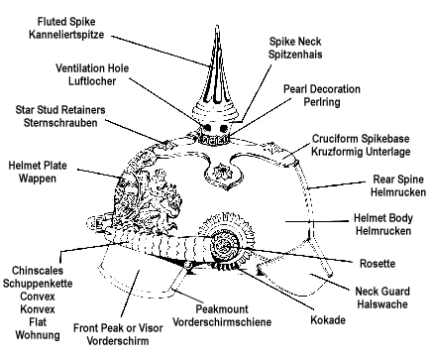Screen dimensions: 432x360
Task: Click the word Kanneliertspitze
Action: (x=66, y=35)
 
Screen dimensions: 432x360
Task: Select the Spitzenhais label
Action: (x=295, y=55)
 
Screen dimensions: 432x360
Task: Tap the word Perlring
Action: (x=322, y=102)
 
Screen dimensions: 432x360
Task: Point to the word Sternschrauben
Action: (x=60, y=123)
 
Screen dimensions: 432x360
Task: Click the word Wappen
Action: (x=38, y=179)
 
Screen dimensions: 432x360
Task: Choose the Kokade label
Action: (x=328, y=320)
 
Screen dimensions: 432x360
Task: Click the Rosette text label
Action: (x=378, y=264)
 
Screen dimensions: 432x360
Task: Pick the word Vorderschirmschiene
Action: (x=222, y=322)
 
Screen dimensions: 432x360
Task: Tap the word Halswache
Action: (x=382, y=304)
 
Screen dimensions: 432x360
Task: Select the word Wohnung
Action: (x=38, y=335)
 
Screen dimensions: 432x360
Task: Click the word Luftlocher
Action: (x=92, y=81)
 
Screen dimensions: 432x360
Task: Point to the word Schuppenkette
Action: (x=38, y=284)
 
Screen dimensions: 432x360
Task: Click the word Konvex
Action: (x=38, y=309)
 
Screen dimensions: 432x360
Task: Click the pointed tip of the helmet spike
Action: (x=217, y=26)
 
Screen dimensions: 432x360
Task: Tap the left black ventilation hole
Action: (x=207, y=128)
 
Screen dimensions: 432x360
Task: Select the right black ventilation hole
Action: (x=224, y=128)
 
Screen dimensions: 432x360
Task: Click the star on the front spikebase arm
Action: (x=218, y=171)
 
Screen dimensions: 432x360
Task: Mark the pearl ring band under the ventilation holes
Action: (x=214, y=139)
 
